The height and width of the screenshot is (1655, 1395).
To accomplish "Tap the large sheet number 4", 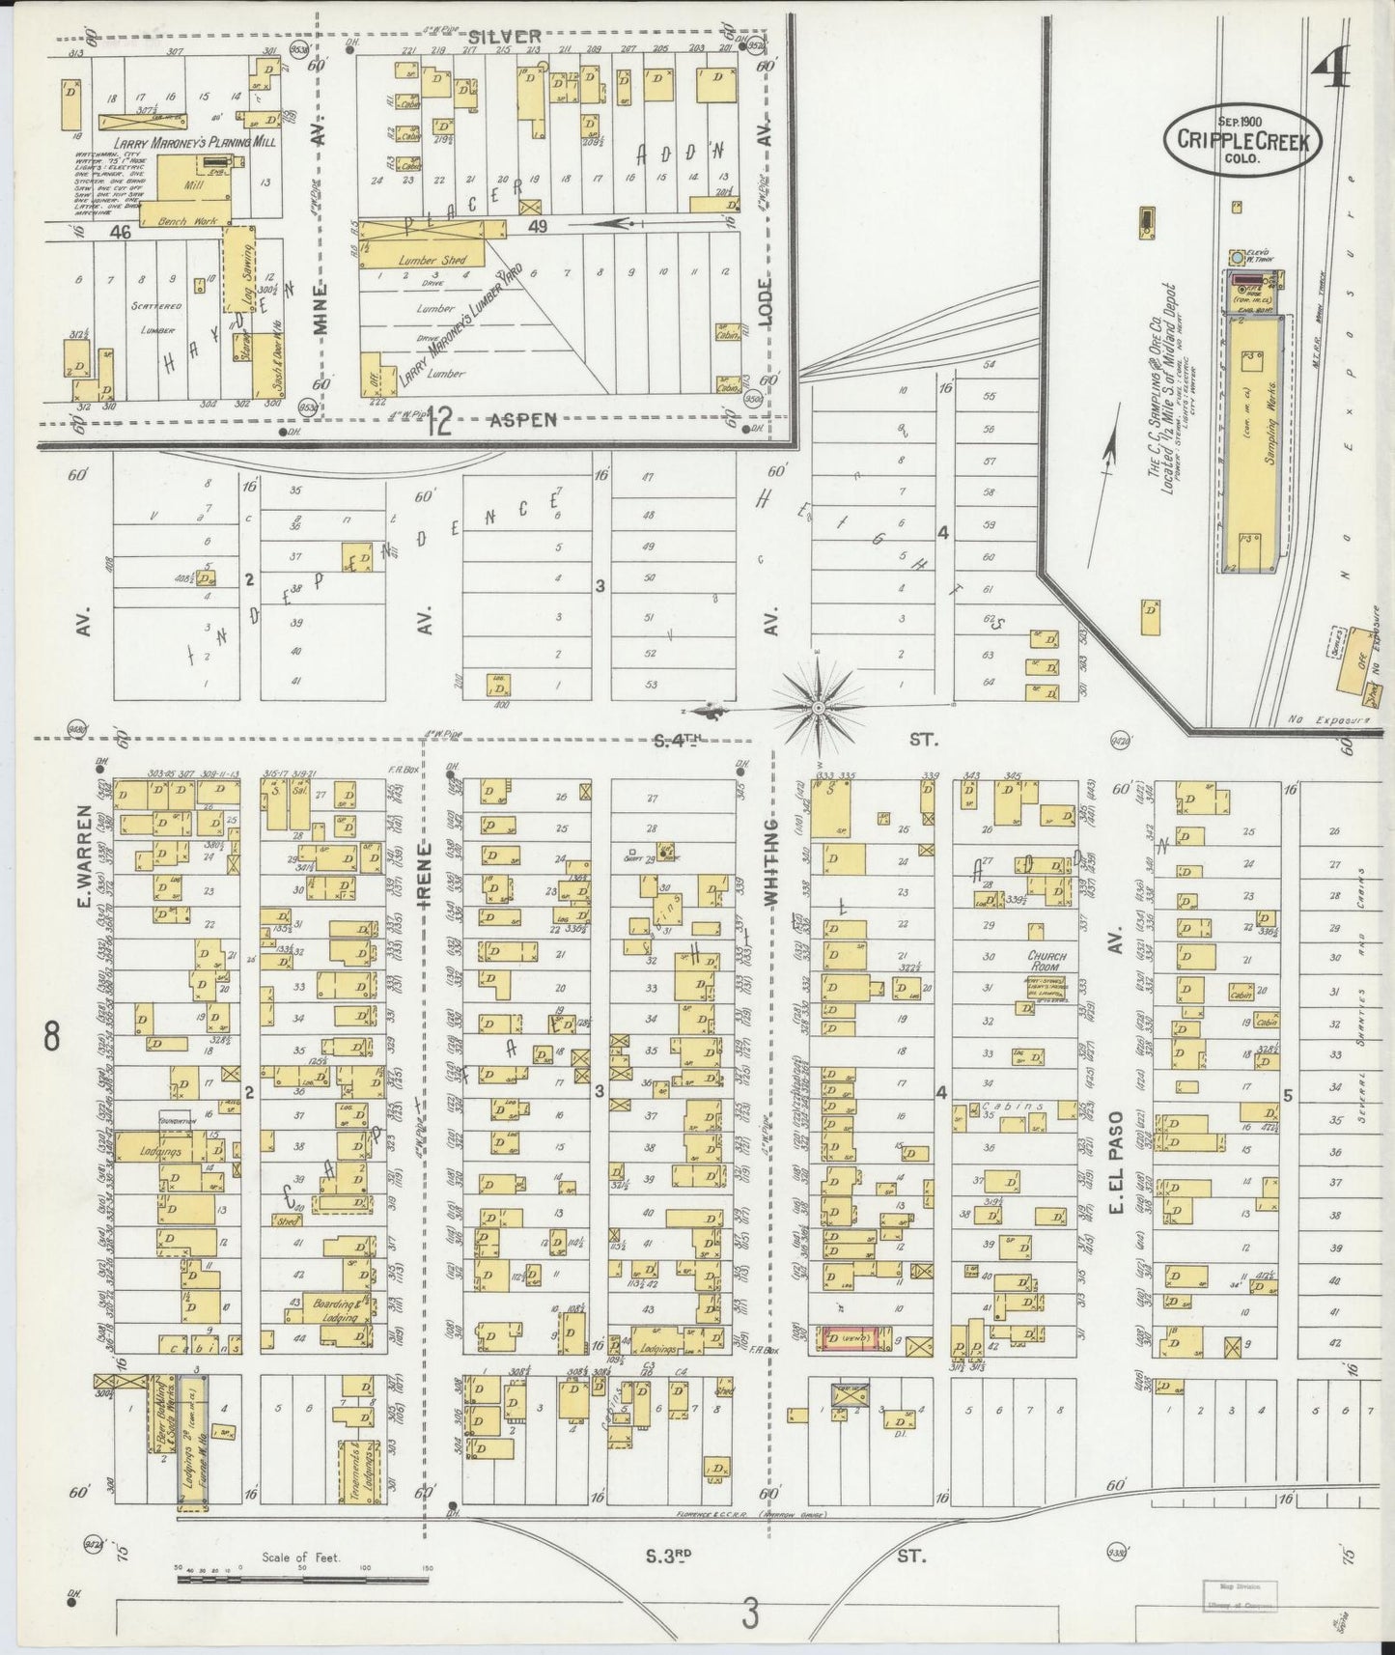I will (1334, 64).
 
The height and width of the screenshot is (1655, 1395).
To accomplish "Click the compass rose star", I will (819, 708).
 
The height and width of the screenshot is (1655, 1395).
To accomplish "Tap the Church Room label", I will (1045, 960).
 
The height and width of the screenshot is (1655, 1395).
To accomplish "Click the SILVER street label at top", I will (505, 37).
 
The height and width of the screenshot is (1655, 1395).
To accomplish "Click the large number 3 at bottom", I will (750, 1613).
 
